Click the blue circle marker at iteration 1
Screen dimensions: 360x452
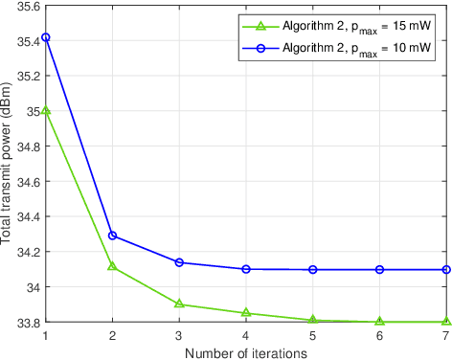coord(45,37)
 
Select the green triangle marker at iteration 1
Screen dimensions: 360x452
coord(45,111)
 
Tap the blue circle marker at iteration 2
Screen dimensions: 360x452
coord(112,235)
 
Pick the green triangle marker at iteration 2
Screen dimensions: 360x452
coord(112,265)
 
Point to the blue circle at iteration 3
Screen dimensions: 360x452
coord(179,261)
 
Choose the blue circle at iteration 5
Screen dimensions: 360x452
coord(313,269)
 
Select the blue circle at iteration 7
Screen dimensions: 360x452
coord(446,269)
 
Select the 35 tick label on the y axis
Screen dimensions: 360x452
coord(32,111)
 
